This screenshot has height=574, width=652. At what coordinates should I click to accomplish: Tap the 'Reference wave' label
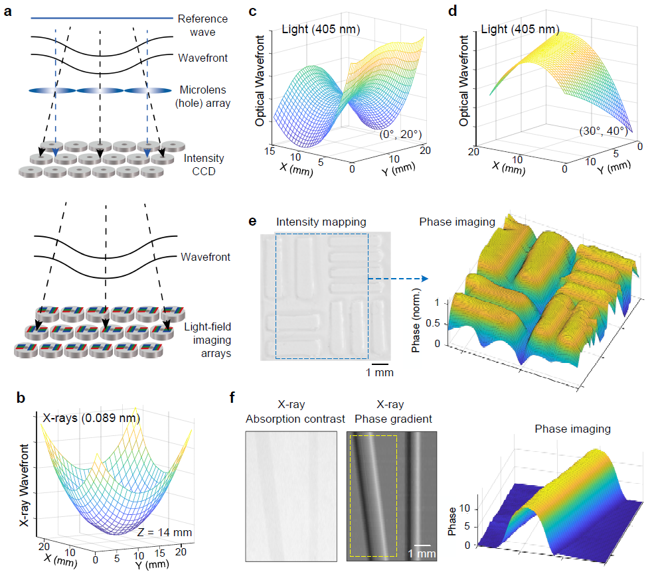[202, 25]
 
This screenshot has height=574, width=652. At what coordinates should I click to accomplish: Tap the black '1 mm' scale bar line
[380, 363]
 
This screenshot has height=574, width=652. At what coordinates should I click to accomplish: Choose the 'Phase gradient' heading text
[391, 418]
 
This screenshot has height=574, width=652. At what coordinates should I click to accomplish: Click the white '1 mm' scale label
[422, 553]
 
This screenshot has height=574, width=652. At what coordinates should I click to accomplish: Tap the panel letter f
[230, 399]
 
